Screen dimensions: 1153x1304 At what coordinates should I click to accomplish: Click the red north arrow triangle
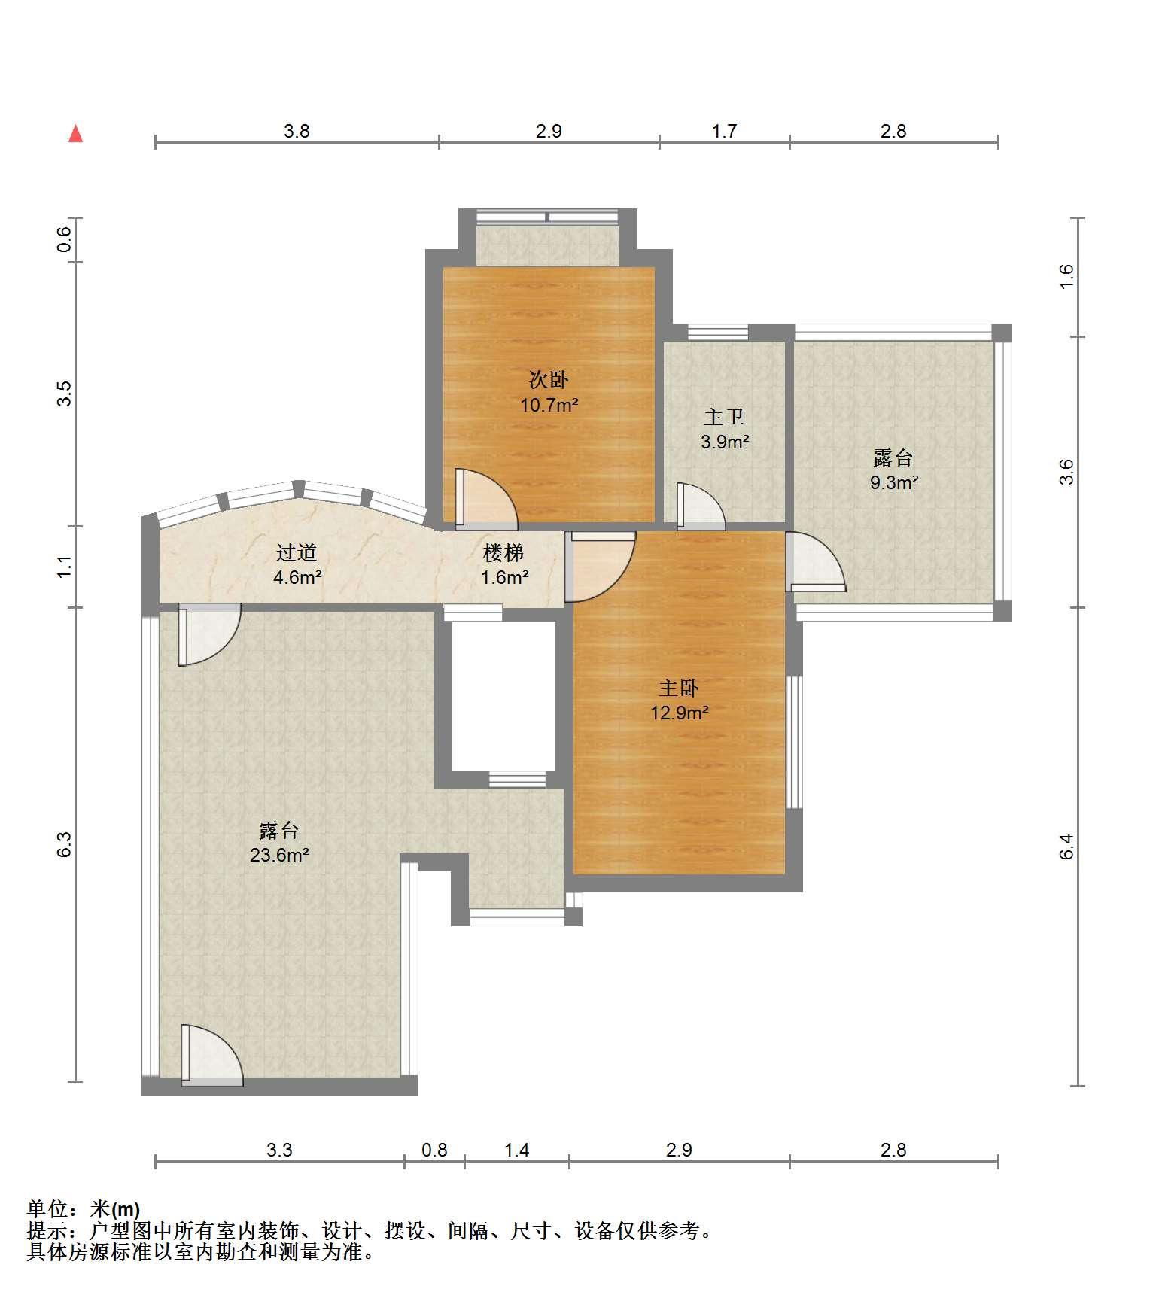point(75,134)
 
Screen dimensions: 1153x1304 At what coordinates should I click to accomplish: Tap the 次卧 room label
point(549,379)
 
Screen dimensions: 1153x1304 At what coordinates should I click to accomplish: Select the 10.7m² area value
point(549,405)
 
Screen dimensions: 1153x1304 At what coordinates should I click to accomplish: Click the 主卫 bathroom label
point(724,417)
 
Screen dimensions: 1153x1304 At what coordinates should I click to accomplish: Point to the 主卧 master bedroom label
point(679,688)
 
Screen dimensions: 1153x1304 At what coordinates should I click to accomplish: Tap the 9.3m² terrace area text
point(894,482)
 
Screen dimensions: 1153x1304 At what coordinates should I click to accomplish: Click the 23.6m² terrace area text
point(280,855)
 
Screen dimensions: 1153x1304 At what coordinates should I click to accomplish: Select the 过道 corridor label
point(297,553)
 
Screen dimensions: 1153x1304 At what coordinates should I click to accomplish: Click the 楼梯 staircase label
point(503,553)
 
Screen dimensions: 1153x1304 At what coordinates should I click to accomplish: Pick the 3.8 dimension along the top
point(297,131)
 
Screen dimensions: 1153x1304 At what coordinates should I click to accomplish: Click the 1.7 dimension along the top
point(724,131)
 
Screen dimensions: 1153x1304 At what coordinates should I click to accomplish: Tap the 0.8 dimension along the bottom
point(434,1150)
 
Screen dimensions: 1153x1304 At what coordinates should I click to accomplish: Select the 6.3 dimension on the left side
point(65,844)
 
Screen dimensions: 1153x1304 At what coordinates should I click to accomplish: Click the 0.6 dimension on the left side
point(65,239)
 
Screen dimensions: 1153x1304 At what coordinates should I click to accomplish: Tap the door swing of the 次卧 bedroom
point(486,496)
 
